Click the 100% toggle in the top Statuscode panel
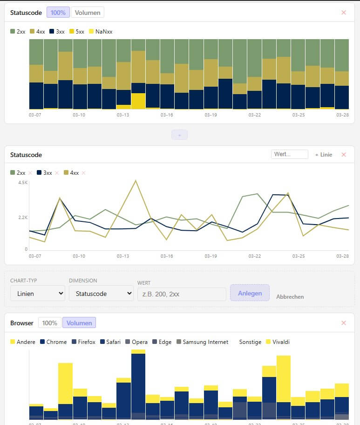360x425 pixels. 58,13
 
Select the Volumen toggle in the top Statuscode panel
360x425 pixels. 88,13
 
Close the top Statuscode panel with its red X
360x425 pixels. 344,13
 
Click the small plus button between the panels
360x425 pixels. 179,135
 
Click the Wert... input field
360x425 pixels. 290,154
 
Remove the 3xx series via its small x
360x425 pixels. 57,173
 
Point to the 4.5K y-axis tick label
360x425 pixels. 23,183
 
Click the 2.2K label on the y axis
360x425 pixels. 23,218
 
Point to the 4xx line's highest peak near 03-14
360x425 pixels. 136,180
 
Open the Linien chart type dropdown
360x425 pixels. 38,294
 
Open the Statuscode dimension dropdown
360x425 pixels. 101,294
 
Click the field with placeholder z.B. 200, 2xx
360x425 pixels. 182,294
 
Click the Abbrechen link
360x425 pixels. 290,296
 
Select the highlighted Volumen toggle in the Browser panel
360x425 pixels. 79,323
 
